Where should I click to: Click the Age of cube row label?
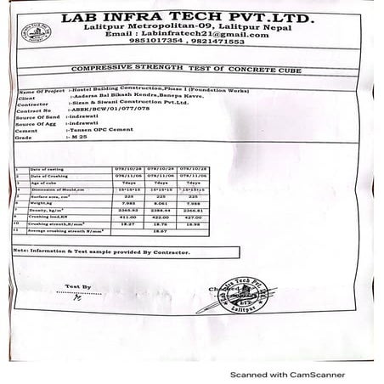(x=43, y=183)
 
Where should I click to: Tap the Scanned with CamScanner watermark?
(x=289, y=371)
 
